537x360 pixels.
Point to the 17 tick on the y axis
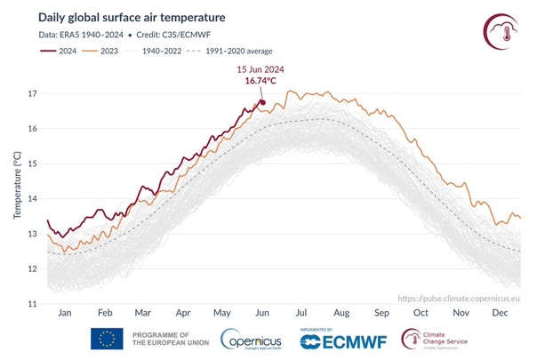[34, 93]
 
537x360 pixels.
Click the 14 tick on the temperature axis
[34, 199]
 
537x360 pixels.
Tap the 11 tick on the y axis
[34, 304]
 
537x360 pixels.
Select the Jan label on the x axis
[64, 314]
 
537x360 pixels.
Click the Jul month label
[302, 314]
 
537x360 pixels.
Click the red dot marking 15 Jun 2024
[263, 101]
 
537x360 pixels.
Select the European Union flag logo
[107, 339]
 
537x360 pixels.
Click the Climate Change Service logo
[442, 340]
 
